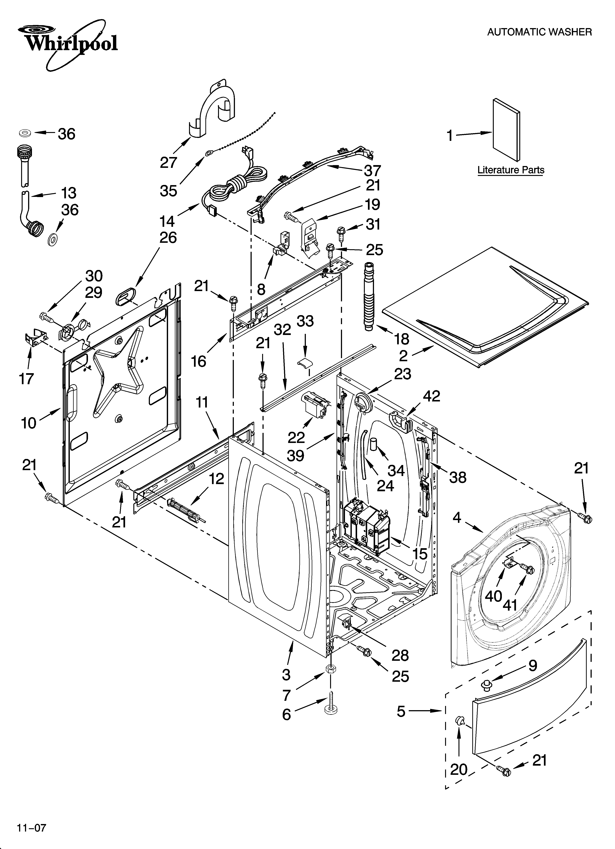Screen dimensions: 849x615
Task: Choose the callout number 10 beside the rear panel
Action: tap(29, 423)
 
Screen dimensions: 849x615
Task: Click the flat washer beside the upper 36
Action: tap(26, 133)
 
